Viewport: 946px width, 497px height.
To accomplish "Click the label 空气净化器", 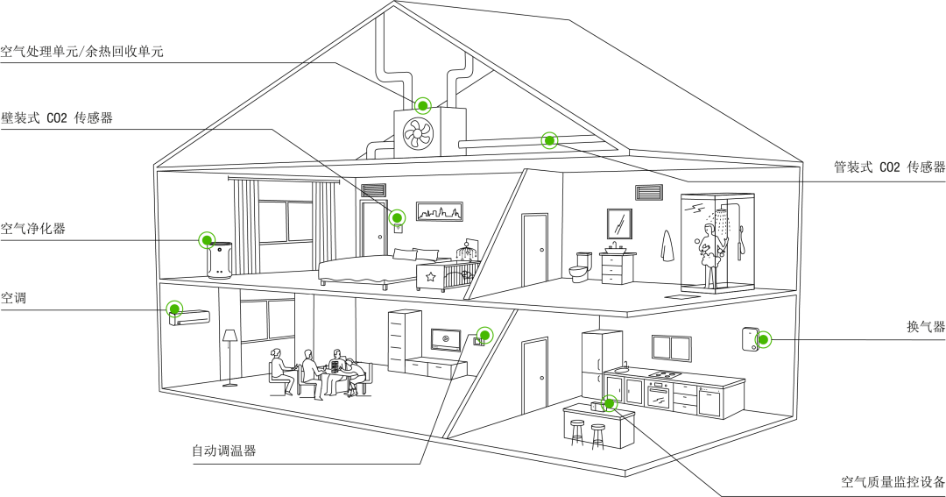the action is click(32, 228).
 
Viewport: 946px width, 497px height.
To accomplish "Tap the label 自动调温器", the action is click(224, 451).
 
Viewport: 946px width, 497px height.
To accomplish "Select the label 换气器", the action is click(926, 327).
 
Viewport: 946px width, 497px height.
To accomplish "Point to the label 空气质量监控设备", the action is click(893, 482).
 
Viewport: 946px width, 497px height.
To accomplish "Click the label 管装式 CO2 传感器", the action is click(889, 167).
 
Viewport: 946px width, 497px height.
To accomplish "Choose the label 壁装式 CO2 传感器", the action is click(57, 117).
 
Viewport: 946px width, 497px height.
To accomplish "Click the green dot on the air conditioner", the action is click(175, 309).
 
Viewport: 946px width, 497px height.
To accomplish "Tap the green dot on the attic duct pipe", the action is click(549, 141).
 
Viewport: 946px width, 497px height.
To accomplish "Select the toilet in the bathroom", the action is click(579, 267).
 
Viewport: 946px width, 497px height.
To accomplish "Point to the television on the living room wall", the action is click(445, 339).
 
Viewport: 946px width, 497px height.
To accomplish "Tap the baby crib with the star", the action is click(447, 274).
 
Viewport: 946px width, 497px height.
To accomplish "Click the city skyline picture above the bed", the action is click(440, 212).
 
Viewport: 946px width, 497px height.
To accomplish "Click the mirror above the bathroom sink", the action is click(619, 224).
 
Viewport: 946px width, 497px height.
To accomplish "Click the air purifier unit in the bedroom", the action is click(219, 260).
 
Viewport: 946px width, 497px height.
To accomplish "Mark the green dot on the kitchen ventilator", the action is click(763, 339).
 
